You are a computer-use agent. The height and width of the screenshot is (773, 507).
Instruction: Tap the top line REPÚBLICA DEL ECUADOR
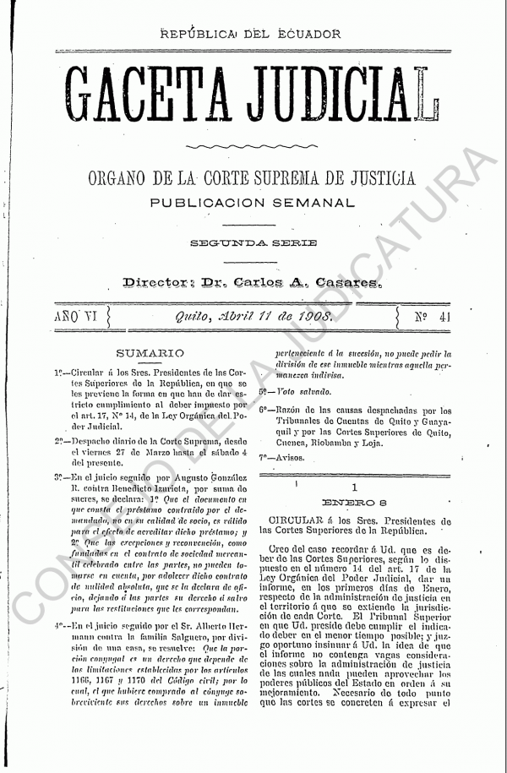tap(254, 35)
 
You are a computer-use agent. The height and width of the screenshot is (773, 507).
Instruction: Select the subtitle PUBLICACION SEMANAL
tap(253, 203)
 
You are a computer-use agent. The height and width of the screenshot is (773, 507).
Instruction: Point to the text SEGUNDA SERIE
tap(253, 243)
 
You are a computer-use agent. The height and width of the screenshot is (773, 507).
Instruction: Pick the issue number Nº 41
tap(428, 318)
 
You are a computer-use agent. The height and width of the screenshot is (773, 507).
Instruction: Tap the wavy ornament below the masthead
tap(253, 147)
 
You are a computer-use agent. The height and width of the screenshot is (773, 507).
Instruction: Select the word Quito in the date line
tap(194, 318)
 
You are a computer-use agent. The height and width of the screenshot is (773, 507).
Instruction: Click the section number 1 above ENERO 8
tap(355, 487)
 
